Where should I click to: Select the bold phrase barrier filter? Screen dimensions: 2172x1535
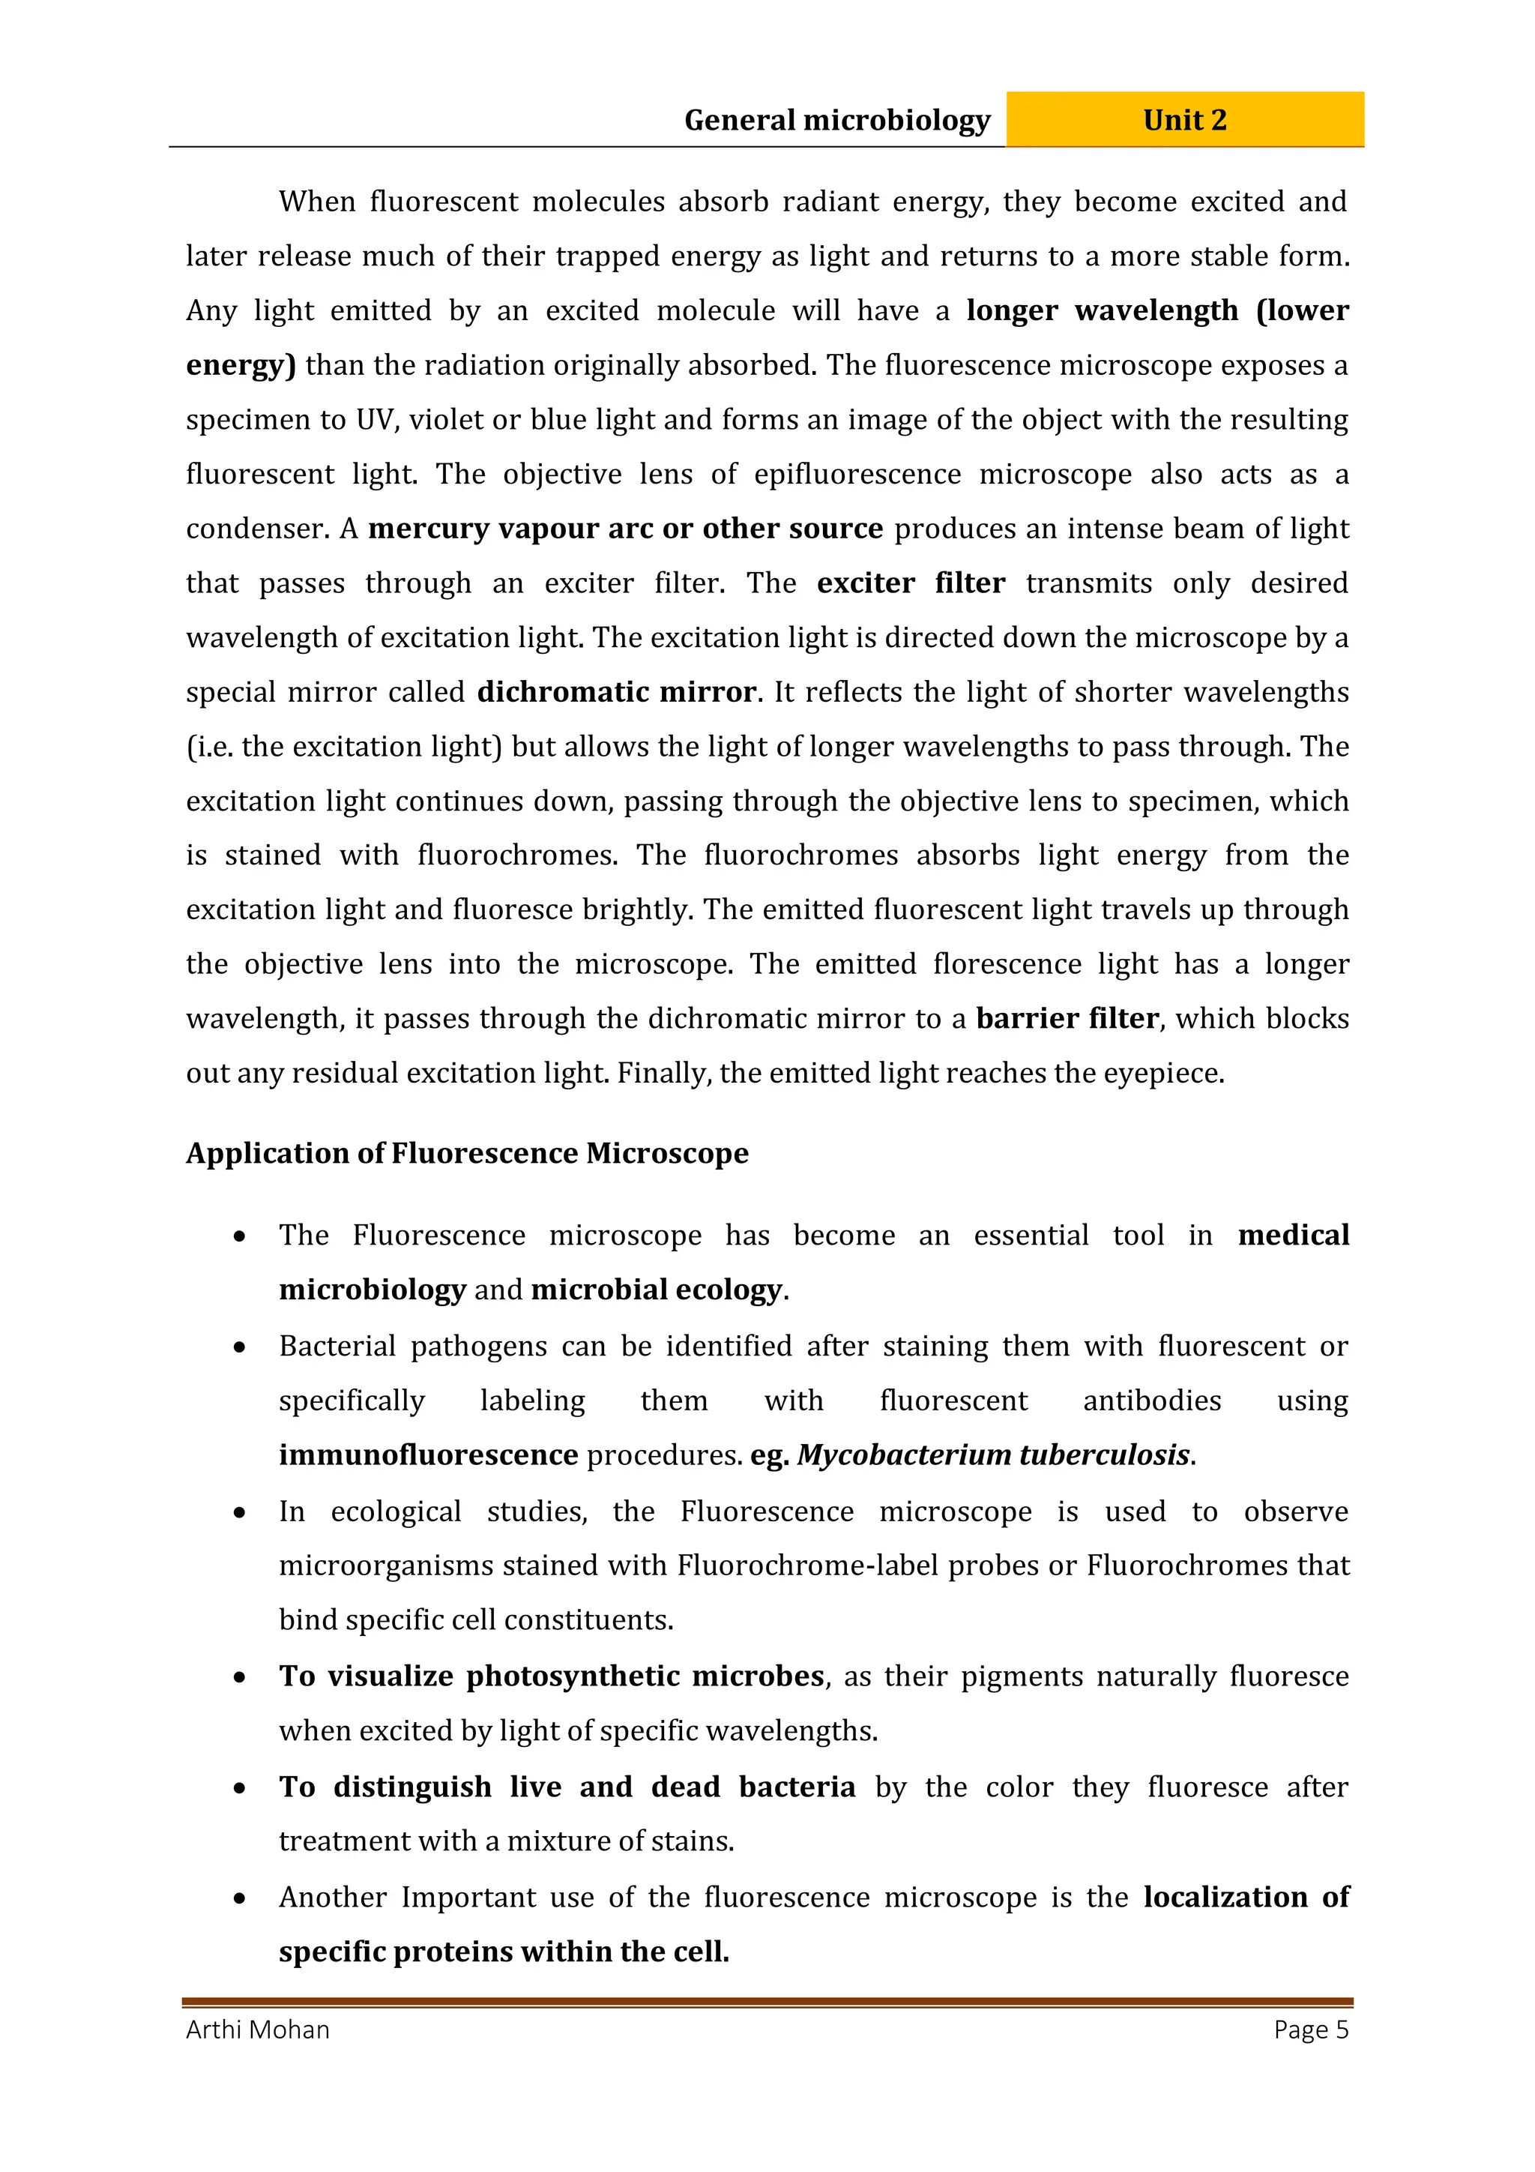pos(1067,1019)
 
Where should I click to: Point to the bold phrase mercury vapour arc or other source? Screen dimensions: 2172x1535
pos(625,529)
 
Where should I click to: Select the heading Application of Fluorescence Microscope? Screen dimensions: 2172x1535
pos(467,1153)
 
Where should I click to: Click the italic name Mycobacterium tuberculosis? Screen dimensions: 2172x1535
pos(993,1455)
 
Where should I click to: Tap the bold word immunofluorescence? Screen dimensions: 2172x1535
pos(429,1455)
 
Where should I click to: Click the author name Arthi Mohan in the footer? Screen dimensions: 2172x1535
pos(257,2030)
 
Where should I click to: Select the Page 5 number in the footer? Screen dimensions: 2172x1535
pos(1311,2030)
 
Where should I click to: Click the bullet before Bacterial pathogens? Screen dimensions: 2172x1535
pos(241,1347)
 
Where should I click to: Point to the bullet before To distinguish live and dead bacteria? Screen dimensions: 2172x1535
pos(241,1788)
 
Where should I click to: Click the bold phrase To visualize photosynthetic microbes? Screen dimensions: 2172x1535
pos(552,1676)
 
